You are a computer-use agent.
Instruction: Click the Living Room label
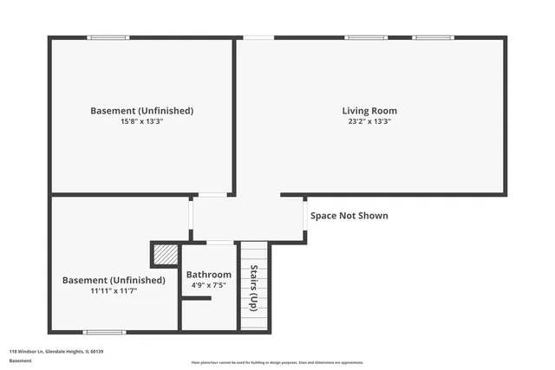(369, 111)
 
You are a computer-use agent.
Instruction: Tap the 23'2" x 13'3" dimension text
(369, 122)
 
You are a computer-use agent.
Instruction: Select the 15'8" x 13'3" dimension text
(141, 122)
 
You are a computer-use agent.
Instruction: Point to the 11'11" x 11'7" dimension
(114, 291)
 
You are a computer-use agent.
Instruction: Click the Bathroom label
(211, 274)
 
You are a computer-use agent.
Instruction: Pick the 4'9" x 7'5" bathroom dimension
(211, 284)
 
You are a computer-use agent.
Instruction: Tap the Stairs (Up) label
(253, 288)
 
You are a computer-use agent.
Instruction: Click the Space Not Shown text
(349, 216)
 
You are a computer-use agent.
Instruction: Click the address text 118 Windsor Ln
(56, 351)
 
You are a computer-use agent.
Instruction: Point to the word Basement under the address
(20, 360)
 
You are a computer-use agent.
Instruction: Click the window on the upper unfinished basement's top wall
(108, 37)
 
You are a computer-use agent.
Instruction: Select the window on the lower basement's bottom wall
(104, 332)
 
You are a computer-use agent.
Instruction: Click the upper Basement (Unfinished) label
(141, 111)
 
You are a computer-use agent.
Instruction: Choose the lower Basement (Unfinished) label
(114, 280)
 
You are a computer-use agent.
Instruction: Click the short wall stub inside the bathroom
(197, 299)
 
